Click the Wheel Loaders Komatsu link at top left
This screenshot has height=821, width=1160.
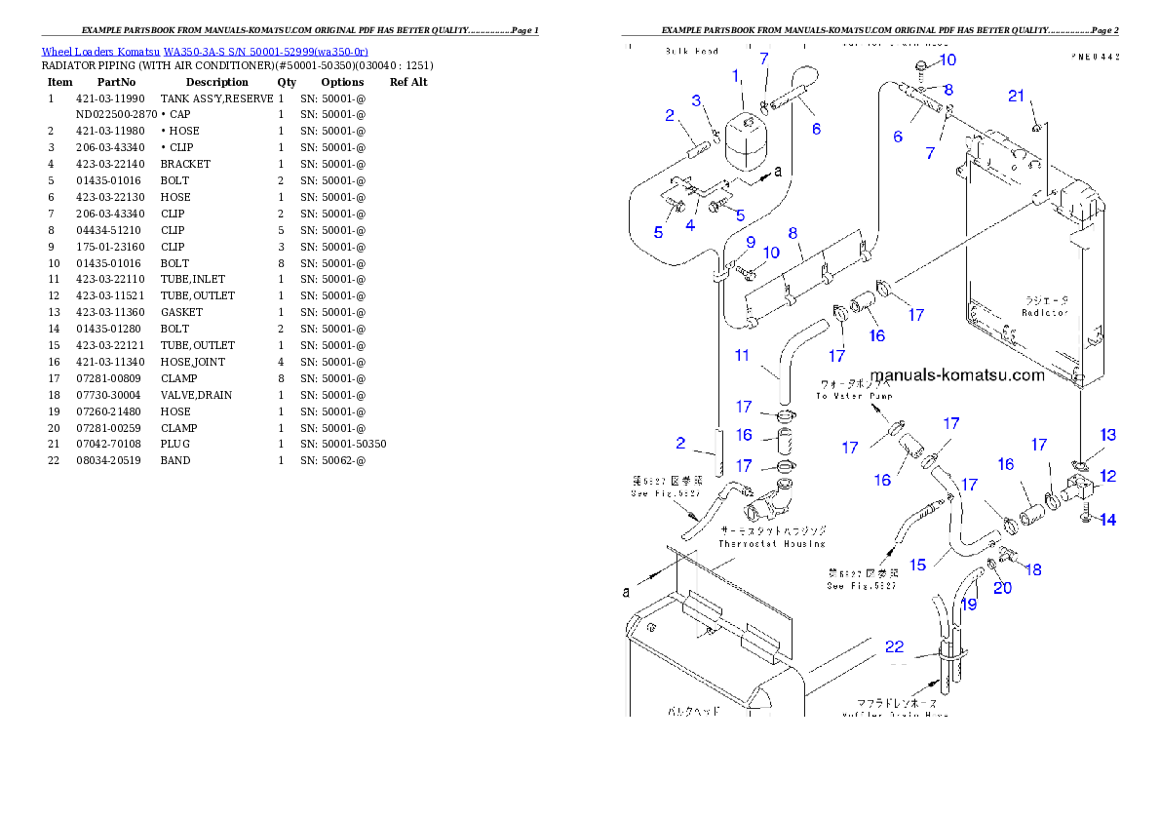[x=205, y=51]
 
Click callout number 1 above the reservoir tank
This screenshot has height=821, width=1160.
[x=736, y=75]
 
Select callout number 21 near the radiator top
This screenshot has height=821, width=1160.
[x=1017, y=95]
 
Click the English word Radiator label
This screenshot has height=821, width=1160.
[x=1045, y=313]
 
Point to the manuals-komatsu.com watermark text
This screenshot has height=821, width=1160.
[x=956, y=375]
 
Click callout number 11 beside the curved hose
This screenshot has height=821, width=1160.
[x=743, y=355]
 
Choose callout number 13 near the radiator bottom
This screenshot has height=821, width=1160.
[x=1108, y=434]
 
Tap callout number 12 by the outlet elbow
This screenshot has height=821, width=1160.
[x=1108, y=476]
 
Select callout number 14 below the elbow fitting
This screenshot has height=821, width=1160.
[x=1108, y=520]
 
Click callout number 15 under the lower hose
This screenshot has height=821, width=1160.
[x=918, y=564]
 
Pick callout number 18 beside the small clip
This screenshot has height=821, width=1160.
[x=1033, y=568]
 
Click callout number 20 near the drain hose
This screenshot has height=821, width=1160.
[x=1002, y=587]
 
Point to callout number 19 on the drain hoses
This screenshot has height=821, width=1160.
[x=969, y=604]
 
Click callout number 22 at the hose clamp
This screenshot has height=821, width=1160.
[x=894, y=645]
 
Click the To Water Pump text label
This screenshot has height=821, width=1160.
[x=854, y=396]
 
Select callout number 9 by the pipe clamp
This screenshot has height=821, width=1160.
[x=751, y=242]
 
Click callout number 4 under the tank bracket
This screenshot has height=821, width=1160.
[x=690, y=225]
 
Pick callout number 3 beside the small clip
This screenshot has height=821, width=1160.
[x=697, y=100]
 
